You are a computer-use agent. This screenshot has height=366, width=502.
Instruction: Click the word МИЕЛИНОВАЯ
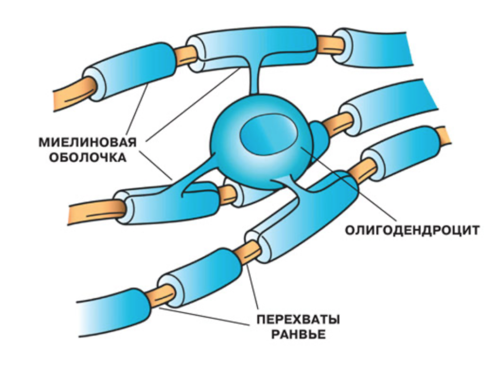pos(88,142)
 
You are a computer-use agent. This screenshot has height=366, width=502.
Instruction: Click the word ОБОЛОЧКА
pos(87,157)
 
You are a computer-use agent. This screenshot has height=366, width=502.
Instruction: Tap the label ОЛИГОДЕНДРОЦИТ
pos(412,230)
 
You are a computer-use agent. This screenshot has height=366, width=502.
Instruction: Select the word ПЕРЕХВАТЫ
pos(299,319)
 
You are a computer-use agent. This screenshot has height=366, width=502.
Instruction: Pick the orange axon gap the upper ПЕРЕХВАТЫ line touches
pos(249,252)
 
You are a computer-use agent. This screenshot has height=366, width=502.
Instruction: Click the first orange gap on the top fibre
pos(185,56)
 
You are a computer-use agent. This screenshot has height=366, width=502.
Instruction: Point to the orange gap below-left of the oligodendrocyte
pos(227,194)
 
